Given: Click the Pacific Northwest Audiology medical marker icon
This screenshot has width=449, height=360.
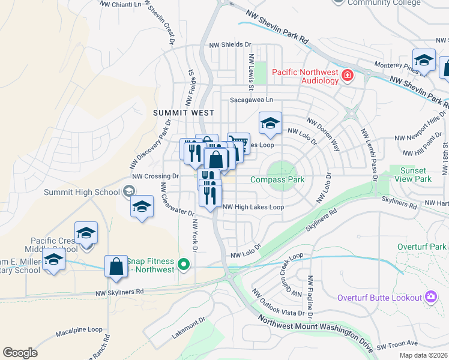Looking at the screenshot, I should tap(347, 76).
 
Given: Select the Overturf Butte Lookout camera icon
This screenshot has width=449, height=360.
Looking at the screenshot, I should tap(430, 297).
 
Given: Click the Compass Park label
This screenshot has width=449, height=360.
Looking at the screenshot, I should tap(277, 179).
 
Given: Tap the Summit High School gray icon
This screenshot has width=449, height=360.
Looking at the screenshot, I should tap(128, 192).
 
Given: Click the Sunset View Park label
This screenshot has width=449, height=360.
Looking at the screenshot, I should tap(415, 175).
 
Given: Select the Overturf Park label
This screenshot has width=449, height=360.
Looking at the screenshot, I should tap(422, 247).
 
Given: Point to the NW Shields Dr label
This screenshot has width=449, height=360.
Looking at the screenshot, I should tap(230, 44).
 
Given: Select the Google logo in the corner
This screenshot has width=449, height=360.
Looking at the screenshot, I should tap(20, 353).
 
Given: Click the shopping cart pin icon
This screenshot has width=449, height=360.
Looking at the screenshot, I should tap(238, 143).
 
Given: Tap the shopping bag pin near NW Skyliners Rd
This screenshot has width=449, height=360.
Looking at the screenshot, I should tap(116, 266).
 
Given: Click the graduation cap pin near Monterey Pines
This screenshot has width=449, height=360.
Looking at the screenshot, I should tap(424, 59).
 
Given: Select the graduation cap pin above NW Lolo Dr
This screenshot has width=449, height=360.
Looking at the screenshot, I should tap(270, 123).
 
